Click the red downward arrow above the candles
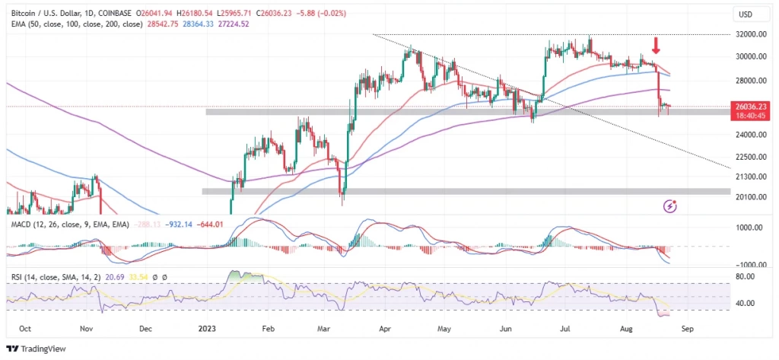[x=656, y=45]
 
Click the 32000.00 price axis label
[x=752, y=35]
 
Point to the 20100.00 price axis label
[x=752, y=196]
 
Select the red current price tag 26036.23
[x=752, y=107]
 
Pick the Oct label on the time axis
[x=24, y=330]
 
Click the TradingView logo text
[x=42, y=349]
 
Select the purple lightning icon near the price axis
[x=670, y=205]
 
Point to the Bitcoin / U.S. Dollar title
[x=57, y=13]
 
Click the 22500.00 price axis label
[x=752, y=158]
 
